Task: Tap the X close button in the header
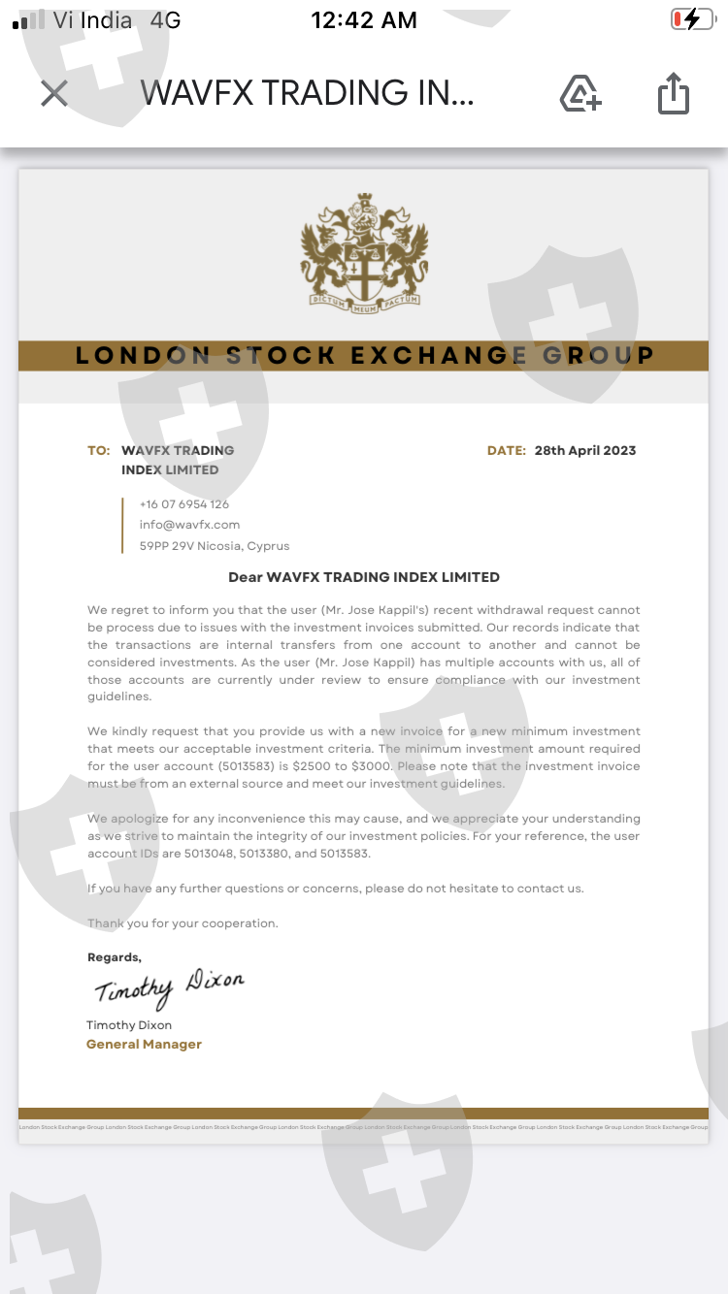[54, 93]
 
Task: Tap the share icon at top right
[673, 93]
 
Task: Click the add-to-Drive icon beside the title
[580, 93]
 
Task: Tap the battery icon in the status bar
[691, 19]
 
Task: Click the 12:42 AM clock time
[363, 19]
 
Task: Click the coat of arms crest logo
[364, 251]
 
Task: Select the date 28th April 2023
[585, 450]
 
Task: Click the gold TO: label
[99, 450]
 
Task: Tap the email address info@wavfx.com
[189, 525]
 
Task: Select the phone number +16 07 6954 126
[184, 504]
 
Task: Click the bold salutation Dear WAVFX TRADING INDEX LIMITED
[364, 577]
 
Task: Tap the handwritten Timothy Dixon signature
[169, 987]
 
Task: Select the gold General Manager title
[144, 1045]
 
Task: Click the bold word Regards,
[114, 957]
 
